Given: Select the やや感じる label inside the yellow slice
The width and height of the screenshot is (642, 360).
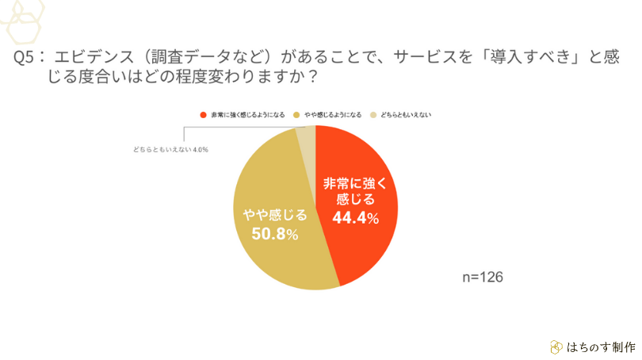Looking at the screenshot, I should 269,213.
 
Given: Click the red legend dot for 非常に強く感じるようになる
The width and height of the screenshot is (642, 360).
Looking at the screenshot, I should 204,114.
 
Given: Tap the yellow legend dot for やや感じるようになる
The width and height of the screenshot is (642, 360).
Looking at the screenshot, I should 296,114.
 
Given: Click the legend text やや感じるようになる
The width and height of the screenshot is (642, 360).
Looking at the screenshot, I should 327,114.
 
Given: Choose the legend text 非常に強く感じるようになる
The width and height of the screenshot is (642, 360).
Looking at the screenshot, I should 246,114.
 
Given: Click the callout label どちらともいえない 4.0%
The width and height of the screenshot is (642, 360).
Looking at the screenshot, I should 170,148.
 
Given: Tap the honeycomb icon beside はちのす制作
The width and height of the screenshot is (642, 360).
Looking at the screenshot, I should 556,347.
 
